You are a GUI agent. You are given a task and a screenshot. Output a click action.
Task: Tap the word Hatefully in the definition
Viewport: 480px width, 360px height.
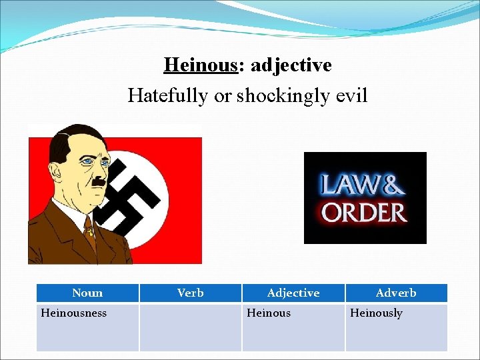click(168, 96)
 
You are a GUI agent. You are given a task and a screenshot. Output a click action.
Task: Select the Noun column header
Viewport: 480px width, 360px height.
click(87, 293)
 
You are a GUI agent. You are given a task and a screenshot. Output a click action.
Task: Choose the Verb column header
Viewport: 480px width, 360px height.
click(191, 293)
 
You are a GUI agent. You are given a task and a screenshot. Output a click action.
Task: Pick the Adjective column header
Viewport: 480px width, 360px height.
click(293, 293)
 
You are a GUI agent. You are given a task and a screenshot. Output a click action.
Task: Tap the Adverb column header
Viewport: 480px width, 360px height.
click(396, 293)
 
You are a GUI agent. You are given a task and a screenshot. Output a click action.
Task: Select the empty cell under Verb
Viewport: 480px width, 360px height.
click(191, 327)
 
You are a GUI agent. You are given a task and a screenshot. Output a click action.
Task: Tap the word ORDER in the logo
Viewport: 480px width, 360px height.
click(364, 213)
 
